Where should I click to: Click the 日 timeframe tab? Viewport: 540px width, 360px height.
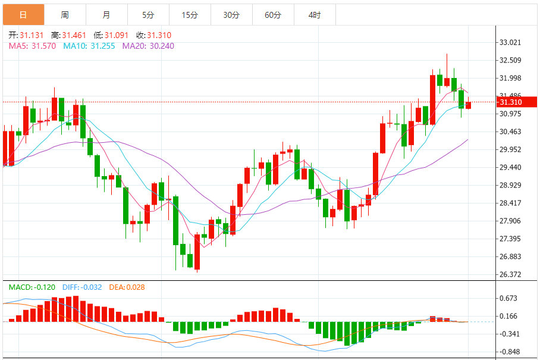click(23, 15)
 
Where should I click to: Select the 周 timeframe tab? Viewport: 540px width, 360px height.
click(65, 15)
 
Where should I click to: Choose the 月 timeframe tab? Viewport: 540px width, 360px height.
click(106, 15)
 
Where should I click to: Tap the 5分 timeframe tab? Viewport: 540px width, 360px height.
click(148, 15)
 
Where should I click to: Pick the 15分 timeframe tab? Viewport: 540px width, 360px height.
click(190, 15)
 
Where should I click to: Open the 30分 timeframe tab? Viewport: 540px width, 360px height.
click(231, 15)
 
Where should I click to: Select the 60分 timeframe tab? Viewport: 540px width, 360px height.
click(273, 15)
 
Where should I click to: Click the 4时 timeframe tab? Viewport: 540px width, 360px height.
click(315, 15)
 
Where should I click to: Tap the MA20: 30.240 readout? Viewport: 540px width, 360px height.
click(148, 46)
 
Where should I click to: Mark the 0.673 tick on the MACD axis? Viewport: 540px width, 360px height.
click(510, 298)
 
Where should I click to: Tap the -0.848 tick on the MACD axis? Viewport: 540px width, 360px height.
click(510, 352)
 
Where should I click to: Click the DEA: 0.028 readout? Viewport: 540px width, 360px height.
click(127, 287)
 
